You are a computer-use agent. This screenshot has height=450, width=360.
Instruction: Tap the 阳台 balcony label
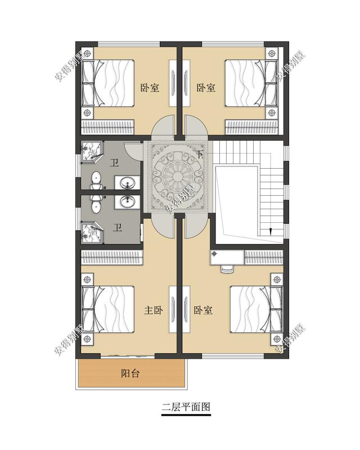[130, 373]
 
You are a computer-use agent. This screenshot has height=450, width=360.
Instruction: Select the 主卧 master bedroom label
[153, 310]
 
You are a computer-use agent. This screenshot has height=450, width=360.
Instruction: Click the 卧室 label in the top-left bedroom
[149, 88]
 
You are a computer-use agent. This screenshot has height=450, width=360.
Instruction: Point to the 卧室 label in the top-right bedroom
[206, 88]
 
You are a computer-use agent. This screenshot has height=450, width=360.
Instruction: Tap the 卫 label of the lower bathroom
[118, 228]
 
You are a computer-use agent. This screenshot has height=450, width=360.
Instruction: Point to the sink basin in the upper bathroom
[127, 182]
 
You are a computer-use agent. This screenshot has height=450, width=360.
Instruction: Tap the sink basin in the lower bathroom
[127, 201]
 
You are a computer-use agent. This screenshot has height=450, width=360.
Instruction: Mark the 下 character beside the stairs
[200, 153]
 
